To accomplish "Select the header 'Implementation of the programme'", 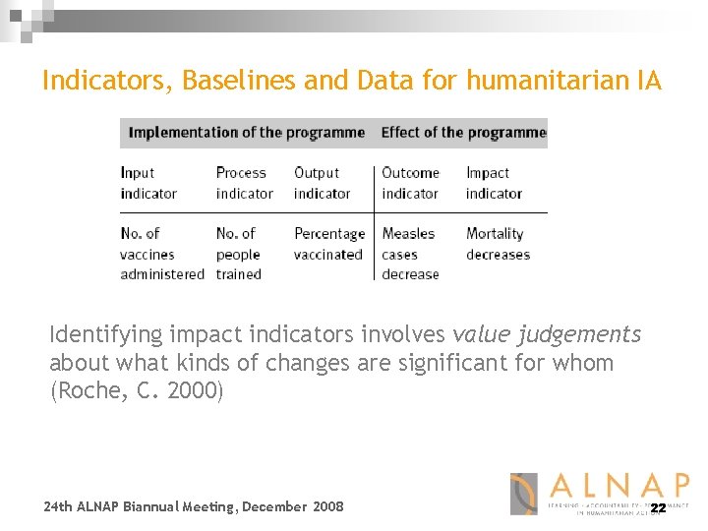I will point(247,132).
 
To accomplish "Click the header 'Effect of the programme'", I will point(463,132).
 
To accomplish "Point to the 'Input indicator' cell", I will point(148,183).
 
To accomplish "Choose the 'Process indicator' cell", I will point(244,183).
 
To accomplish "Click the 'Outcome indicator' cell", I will point(410,183).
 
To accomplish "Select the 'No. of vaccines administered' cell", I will point(162,254).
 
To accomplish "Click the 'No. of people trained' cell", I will point(239,254).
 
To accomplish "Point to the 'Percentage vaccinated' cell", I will point(328,244).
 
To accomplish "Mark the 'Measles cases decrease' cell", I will point(411,254).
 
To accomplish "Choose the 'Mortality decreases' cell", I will point(498,244).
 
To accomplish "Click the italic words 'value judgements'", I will point(546,335).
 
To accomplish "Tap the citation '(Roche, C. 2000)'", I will point(137,390).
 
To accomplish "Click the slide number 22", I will point(658,508).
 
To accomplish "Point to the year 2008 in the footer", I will point(327,506).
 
